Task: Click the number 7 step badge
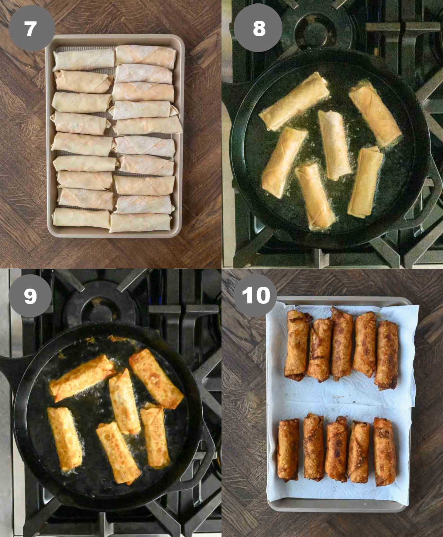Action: (31, 28)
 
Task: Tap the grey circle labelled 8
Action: (259, 28)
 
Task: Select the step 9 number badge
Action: (30, 296)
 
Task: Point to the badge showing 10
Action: (255, 296)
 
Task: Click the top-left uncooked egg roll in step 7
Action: (84, 60)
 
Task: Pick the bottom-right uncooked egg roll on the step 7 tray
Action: (140, 223)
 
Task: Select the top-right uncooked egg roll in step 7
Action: (145, 56)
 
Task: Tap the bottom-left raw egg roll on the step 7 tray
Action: (81, 218)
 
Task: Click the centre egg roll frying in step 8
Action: (334, 145)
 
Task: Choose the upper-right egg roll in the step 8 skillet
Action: (374, 114)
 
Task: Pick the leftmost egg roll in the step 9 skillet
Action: (65, 438)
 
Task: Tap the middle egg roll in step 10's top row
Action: (342, 342)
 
